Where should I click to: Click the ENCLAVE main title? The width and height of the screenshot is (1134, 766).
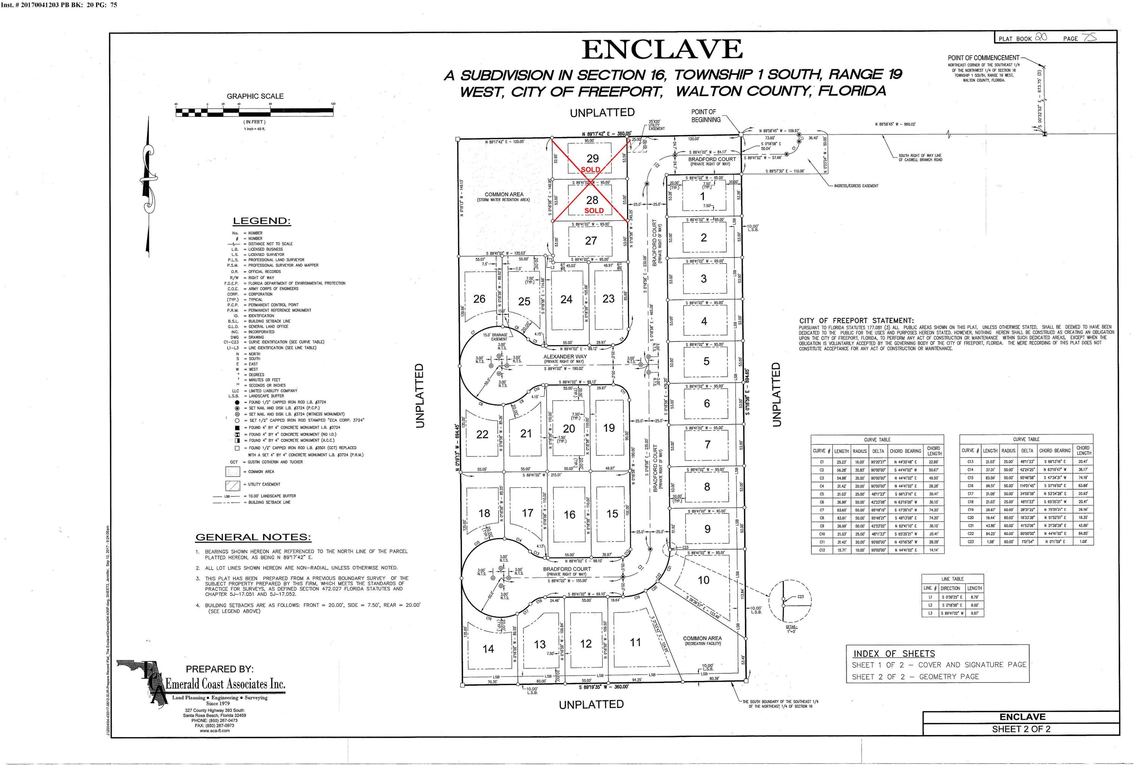[x=662, y=49]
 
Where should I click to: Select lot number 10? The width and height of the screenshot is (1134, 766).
[x=703, y=580]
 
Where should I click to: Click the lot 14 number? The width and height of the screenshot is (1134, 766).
[x=488, y=649]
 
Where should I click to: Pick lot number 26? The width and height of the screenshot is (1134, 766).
[x=479, y=299]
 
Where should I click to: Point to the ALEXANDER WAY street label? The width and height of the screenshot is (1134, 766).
[x=565, y=357]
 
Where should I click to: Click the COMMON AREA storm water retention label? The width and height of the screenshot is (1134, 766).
[x=504, y=194]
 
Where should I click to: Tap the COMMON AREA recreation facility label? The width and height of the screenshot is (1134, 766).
[x=702, y=638]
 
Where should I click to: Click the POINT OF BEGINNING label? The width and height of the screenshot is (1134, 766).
[x=706, y=116]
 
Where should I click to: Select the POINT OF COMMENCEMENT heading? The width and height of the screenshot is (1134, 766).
[x=983, y=57]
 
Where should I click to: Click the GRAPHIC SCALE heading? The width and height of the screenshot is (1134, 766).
[x=255, y=96]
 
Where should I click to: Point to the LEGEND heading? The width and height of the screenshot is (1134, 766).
[x=262, y=221]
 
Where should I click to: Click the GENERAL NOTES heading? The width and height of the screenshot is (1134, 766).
[x=253, y=537]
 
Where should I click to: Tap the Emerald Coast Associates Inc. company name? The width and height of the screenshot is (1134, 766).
[x=225, y=684]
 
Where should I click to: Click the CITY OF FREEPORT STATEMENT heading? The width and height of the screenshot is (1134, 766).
[x=856, y=321]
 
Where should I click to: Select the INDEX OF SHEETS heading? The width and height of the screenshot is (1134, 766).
[x=894, y=654]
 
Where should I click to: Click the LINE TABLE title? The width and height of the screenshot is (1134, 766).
[x=952, y=578]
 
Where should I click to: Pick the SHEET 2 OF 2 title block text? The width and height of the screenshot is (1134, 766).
[x=1021, y=729]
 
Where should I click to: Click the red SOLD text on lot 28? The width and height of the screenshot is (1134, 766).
[x=594, y=211]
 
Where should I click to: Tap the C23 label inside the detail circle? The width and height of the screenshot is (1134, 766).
[x=800, y=597]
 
